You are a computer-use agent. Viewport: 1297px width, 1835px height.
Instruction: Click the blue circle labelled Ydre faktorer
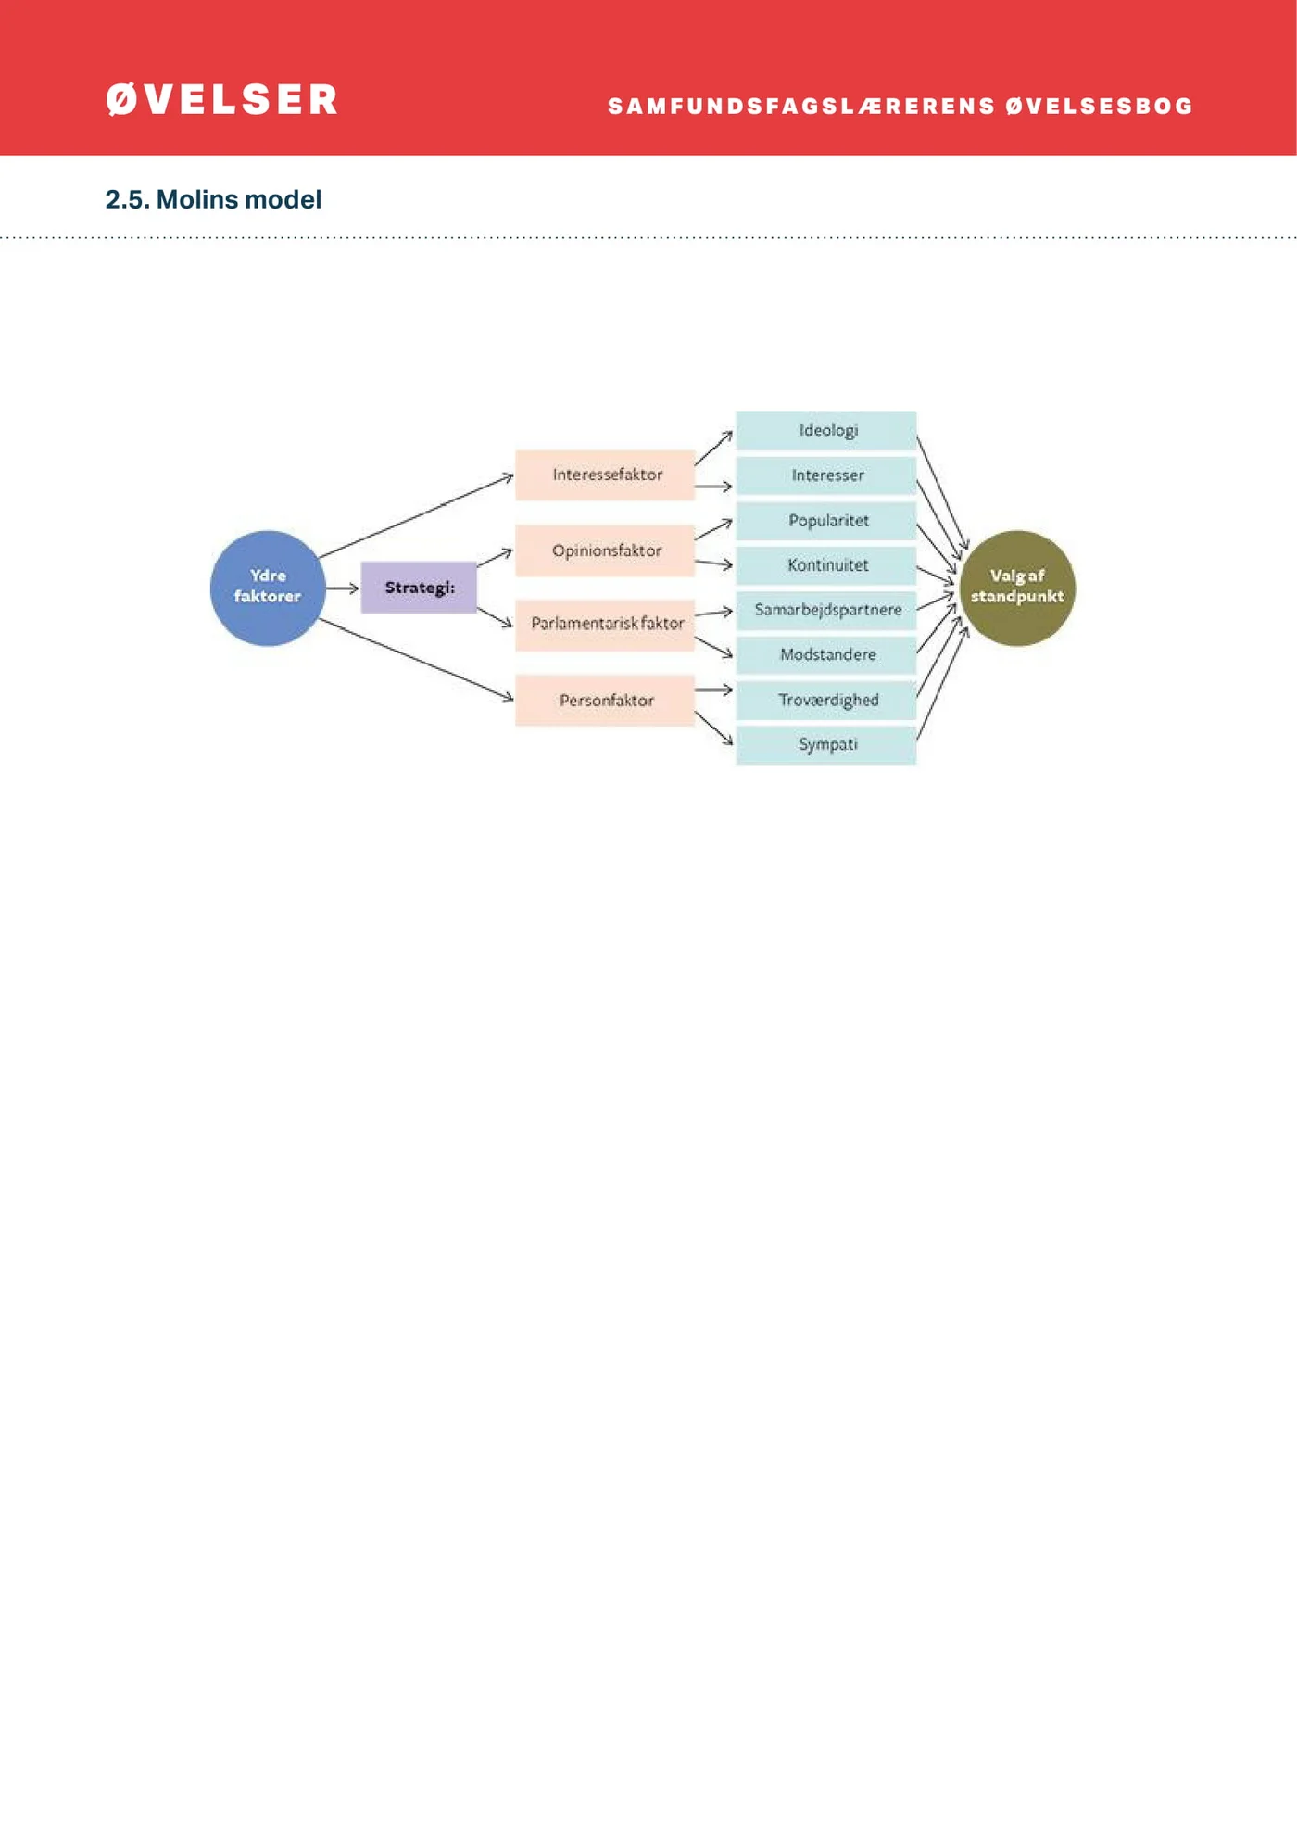pos(268,588)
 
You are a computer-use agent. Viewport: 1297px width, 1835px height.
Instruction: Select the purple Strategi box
pos(419,588)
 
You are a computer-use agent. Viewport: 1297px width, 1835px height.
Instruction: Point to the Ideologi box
pos(826,430)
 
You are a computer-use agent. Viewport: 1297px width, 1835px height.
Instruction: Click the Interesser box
pos(826,475)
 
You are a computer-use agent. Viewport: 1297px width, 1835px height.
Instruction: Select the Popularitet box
pos(826,521)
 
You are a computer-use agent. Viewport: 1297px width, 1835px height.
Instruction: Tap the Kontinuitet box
pos(826,565)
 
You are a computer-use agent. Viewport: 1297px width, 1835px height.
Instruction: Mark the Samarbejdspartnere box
pos(826,610)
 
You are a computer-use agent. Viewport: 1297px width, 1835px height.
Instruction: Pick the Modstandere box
pos(826,655)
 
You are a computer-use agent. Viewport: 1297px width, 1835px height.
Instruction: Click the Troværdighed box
pos(826,701)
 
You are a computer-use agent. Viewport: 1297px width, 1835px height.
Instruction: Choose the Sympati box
pos(826,744)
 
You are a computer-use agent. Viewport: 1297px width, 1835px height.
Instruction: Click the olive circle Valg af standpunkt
pos(1017,588)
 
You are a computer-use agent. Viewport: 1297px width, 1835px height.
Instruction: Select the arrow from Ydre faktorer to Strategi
pos(343,588)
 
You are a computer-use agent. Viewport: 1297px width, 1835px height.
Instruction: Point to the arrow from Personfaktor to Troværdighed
pos(713,690)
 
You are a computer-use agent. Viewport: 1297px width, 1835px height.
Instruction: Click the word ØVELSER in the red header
pos(222,100)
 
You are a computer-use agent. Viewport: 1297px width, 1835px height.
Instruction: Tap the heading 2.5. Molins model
pos(213,199)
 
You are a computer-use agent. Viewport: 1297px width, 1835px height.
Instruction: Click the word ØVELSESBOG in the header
pos(1100,107)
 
